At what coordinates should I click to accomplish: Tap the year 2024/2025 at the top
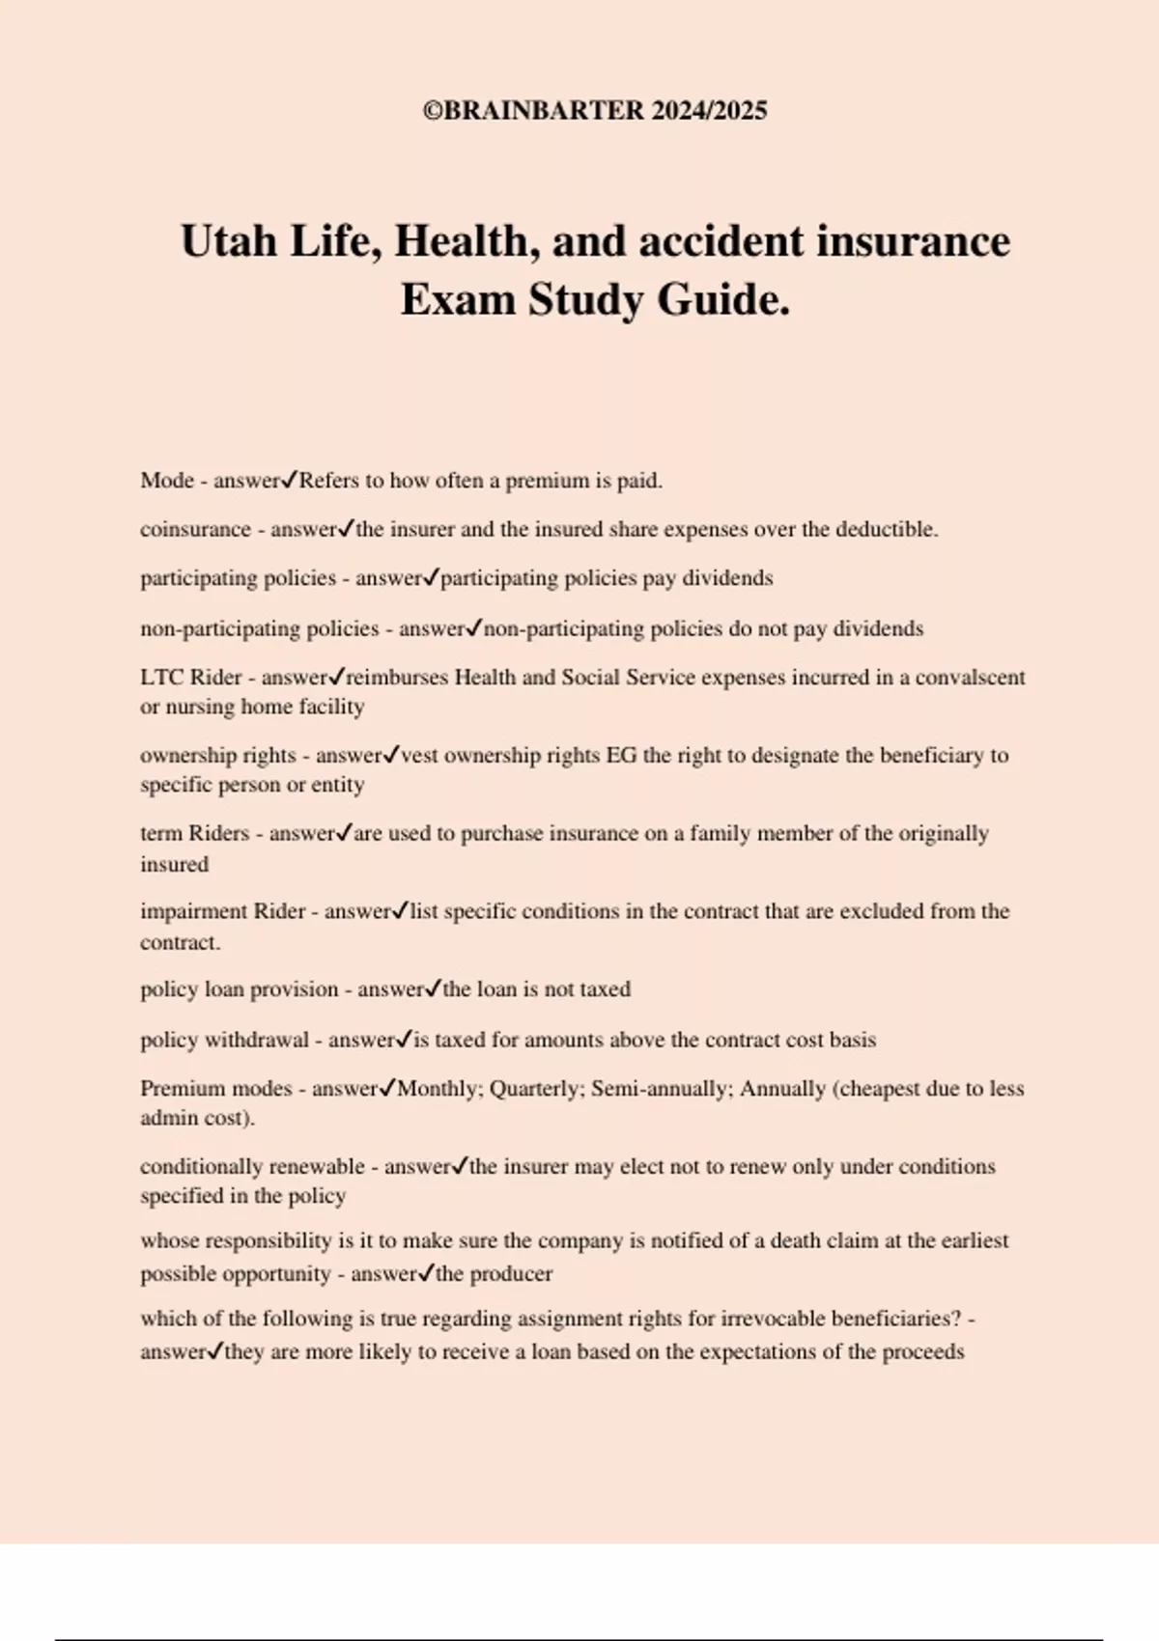[x=709, y=111]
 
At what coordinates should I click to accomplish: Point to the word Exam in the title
[x=458, y=299]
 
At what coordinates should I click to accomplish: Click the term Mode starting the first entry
[x=167, y=481]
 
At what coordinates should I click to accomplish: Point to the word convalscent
[x=970, y=678]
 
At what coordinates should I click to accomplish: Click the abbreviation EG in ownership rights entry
[x=621, y=756]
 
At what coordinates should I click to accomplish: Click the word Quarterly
[x=534, y=1089]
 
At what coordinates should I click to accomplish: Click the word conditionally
[x=200, y=1167]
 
